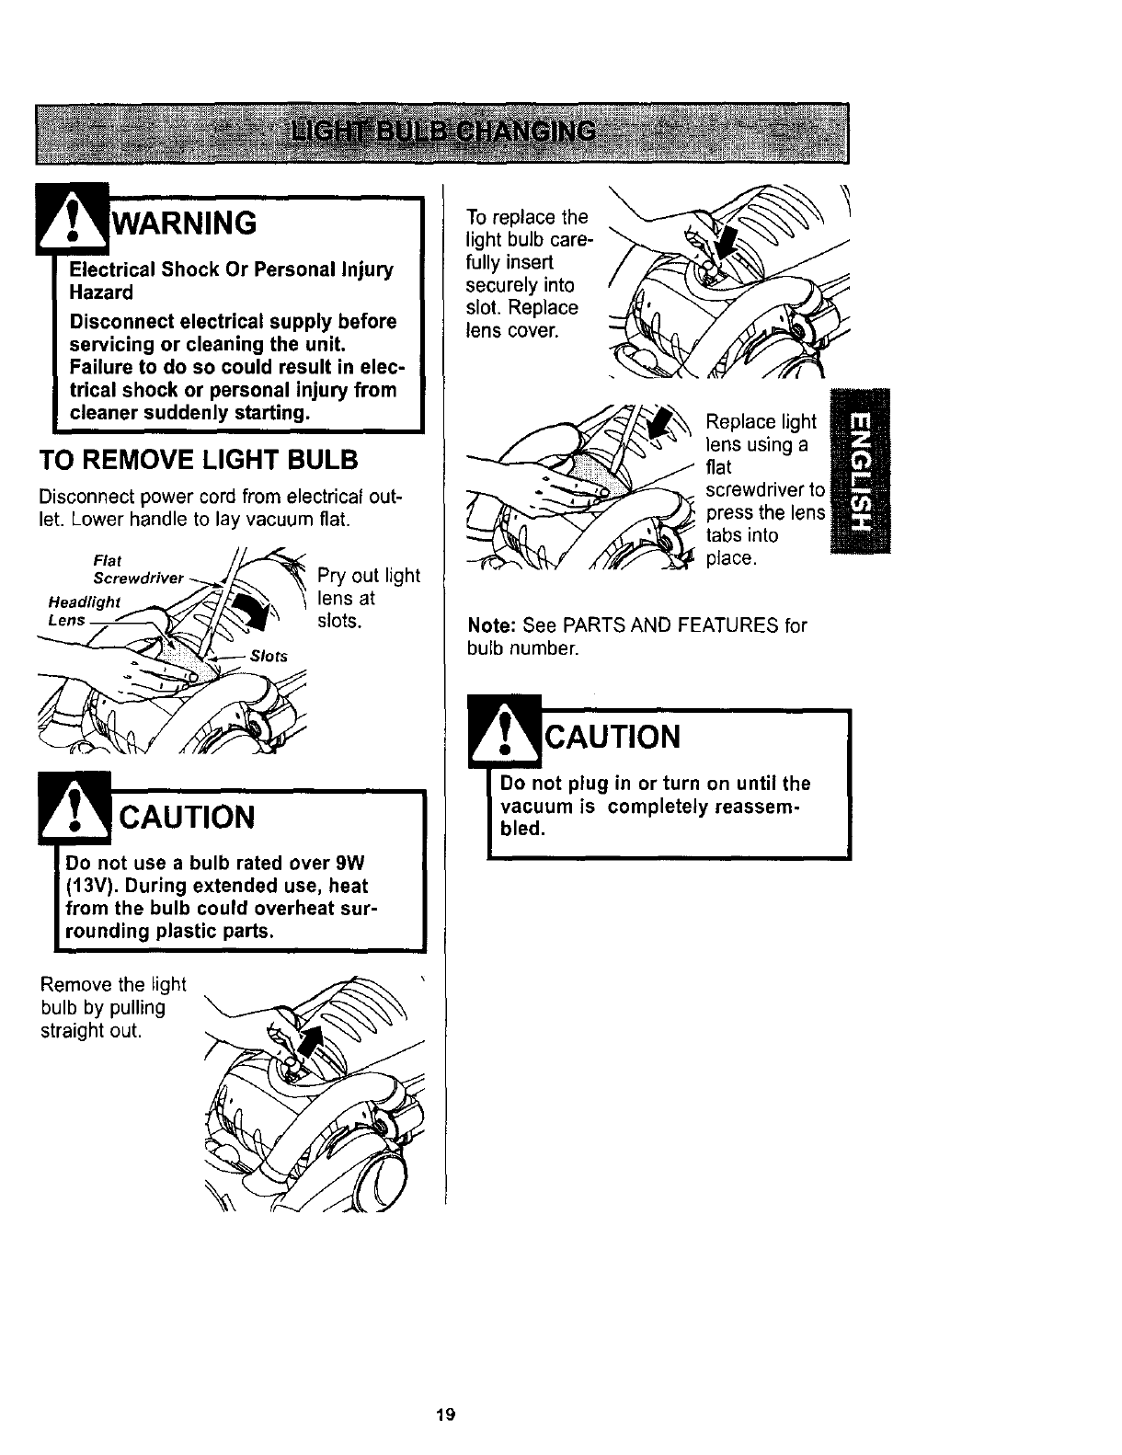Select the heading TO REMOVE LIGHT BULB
[x=198, y=460]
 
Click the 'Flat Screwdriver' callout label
[x=138, y=570]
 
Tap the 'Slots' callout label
[x=269, y=656]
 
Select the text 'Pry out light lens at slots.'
[x=368, y=599]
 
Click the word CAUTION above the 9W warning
[x=189, y=817]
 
